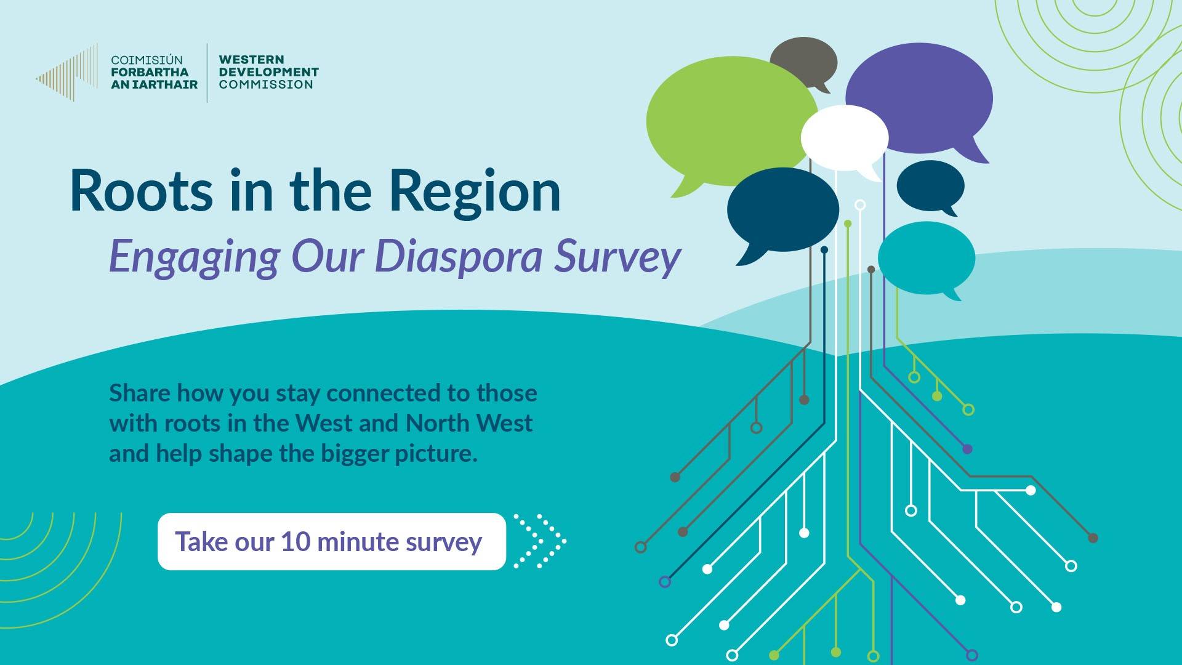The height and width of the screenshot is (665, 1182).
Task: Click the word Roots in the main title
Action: [x=142, y=191]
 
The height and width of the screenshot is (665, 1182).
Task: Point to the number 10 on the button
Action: [x=295, y=542]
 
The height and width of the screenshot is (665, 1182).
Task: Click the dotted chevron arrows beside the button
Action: [x=540, y=541]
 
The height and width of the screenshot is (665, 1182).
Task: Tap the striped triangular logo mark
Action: [x=68, y=73]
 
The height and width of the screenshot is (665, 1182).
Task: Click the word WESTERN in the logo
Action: [x=251, y=60]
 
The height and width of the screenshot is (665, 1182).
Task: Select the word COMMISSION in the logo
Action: [x=266, y=84]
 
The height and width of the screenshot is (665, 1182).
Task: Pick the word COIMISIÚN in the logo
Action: [x=147, y=60]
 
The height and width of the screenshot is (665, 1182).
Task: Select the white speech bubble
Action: [x=843, y=137]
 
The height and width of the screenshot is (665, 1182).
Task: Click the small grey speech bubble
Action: [x=803, y=60]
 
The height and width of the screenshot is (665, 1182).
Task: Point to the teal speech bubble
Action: [x=926, y=257]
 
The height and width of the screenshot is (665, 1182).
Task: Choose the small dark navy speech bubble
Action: [x=930, y=185]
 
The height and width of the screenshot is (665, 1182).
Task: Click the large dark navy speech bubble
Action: [x=782, y=209]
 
